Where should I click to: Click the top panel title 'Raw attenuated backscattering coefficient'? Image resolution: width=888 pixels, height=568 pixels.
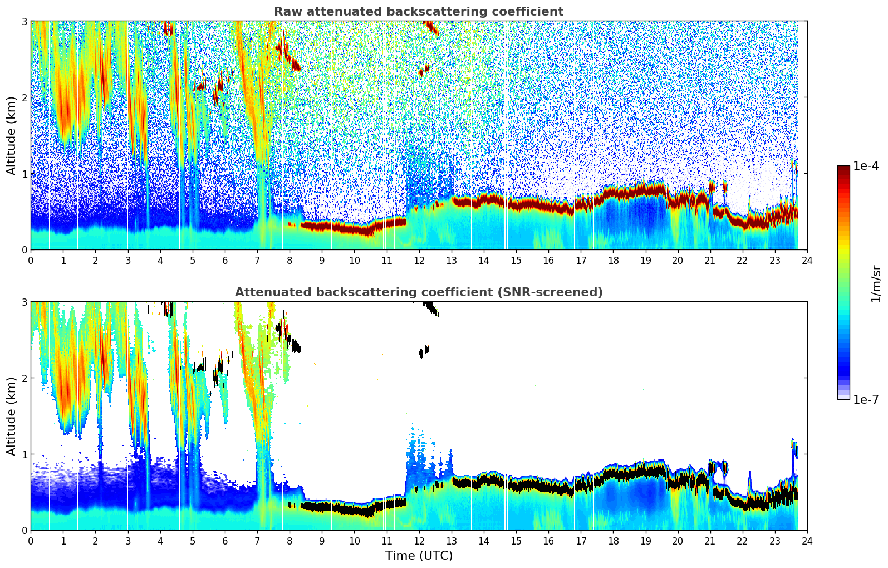418,12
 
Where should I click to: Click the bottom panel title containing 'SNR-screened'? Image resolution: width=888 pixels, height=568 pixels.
418,292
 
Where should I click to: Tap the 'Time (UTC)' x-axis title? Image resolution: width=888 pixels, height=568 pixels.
419,556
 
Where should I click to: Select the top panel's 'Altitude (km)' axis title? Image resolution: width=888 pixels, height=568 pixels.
12,135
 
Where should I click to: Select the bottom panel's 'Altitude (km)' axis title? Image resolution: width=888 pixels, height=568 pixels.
12,416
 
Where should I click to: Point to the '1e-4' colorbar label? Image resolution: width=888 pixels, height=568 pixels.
866,166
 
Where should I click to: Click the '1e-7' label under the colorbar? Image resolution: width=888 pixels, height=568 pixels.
866,399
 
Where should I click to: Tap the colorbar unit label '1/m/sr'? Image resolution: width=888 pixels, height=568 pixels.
876,283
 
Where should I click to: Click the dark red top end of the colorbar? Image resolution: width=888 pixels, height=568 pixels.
843,168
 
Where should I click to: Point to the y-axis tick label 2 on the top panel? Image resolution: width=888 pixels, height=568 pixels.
24,97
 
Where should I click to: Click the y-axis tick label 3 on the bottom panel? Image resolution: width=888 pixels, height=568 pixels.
24,302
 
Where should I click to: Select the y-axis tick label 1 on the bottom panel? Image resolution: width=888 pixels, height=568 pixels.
24,454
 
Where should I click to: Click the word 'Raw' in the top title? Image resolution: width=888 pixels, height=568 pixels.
286,12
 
